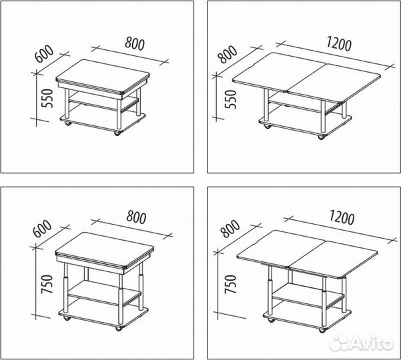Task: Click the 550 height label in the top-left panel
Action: [x=47, y=99]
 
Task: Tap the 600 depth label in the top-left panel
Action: [x=44, y=54]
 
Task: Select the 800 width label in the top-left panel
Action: [x=135, y=44]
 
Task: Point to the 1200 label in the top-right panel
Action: [x=339, y=44]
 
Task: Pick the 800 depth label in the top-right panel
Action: [x=228, y=54]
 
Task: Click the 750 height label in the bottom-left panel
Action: [x=47, y=284]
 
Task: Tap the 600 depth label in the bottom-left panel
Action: [x=42, y=229]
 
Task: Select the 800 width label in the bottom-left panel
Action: [x=136, y=217]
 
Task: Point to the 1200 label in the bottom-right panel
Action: [x=342, y=217]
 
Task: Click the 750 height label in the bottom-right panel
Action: [x=230, y=284]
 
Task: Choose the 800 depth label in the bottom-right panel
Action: [x=230, y=229]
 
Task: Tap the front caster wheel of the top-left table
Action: [x=117, y=133]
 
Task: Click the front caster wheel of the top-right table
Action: [x=321, y=137]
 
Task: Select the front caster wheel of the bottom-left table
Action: [x=118, y=329]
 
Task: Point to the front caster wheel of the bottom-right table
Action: [x=322, y=331]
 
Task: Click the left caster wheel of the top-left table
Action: [x=67, y=123]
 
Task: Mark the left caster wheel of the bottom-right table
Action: [x=270, y=320]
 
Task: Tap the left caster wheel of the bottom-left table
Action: [x=67, y=319]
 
